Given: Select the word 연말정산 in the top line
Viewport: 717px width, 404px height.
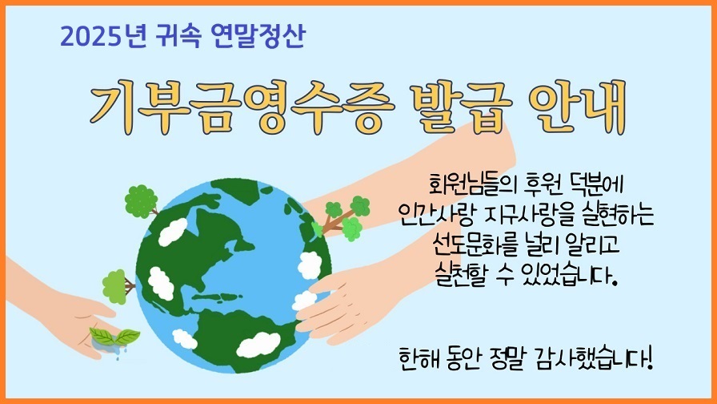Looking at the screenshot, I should pos(255,36).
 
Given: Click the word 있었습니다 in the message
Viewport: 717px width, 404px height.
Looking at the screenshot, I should pos(564,275).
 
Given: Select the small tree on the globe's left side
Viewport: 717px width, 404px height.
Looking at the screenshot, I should pos(118,285).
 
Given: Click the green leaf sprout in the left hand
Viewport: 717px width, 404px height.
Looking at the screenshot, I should pos(114,336).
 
